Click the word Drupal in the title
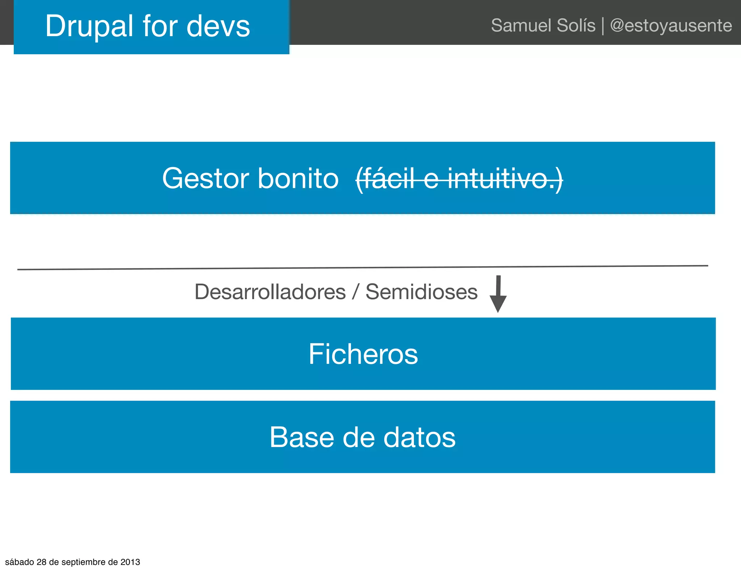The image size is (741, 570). (89, 26)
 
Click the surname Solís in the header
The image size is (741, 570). (576, 26)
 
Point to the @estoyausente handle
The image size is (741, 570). (671, 26)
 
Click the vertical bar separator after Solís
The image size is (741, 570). (603, 26)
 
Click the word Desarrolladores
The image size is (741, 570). (270, 292)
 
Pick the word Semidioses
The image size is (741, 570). (422, 292)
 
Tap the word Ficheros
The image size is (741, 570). (363, 354)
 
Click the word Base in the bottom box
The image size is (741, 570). (302, 437)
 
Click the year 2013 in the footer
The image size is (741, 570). (130, 562)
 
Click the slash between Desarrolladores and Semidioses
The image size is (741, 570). (356, 292)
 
